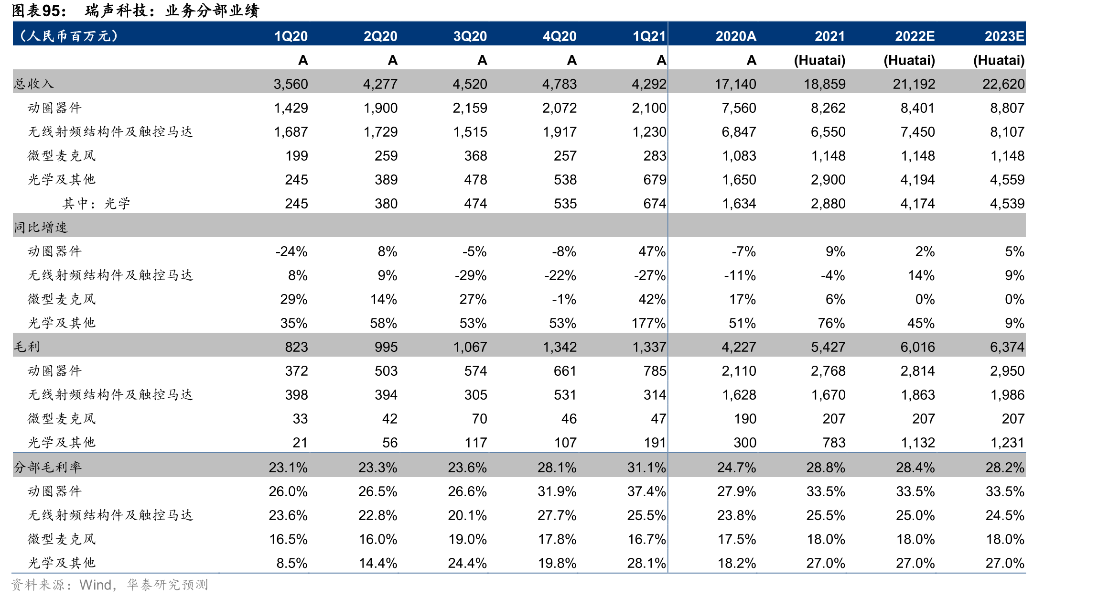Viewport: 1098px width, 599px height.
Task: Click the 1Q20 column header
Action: click(x=291, y=36)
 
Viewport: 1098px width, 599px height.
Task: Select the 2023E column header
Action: click(x=1004, y=36)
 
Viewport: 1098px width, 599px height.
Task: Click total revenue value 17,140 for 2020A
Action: click(x=735, y=84)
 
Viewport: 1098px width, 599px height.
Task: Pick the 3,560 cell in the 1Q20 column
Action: click(x=291, y=84)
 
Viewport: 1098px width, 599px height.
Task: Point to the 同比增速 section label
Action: click(x=41, y=227)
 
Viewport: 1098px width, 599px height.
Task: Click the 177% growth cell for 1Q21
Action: click(x=648, y=323)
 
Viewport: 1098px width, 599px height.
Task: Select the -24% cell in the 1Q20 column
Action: click(x=291, y=251)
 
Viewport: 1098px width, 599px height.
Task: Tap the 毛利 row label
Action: click(x=27, y=347)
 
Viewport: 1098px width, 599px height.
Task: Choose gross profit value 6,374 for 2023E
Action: click(x=1007, y=347)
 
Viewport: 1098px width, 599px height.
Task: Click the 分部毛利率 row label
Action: click(x=48, y=467)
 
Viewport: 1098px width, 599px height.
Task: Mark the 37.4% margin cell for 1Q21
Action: click(x=646, y=491)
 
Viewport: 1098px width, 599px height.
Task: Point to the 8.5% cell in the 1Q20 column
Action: click(x=291, y=563)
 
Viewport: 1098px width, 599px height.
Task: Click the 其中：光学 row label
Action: click(x=96, y=203)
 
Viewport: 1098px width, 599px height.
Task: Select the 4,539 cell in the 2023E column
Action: click(x=1007, y=204)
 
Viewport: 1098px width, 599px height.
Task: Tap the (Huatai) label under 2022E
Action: click(x=909, y=60)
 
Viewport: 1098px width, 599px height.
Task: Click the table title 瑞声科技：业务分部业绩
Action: click(x=172, y=11)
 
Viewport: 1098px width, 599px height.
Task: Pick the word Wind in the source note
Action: click(x=96, y=585)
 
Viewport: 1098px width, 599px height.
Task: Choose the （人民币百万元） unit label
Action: click(x=67, y=36)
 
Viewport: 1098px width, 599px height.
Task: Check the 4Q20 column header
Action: click(x=560, y=36)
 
